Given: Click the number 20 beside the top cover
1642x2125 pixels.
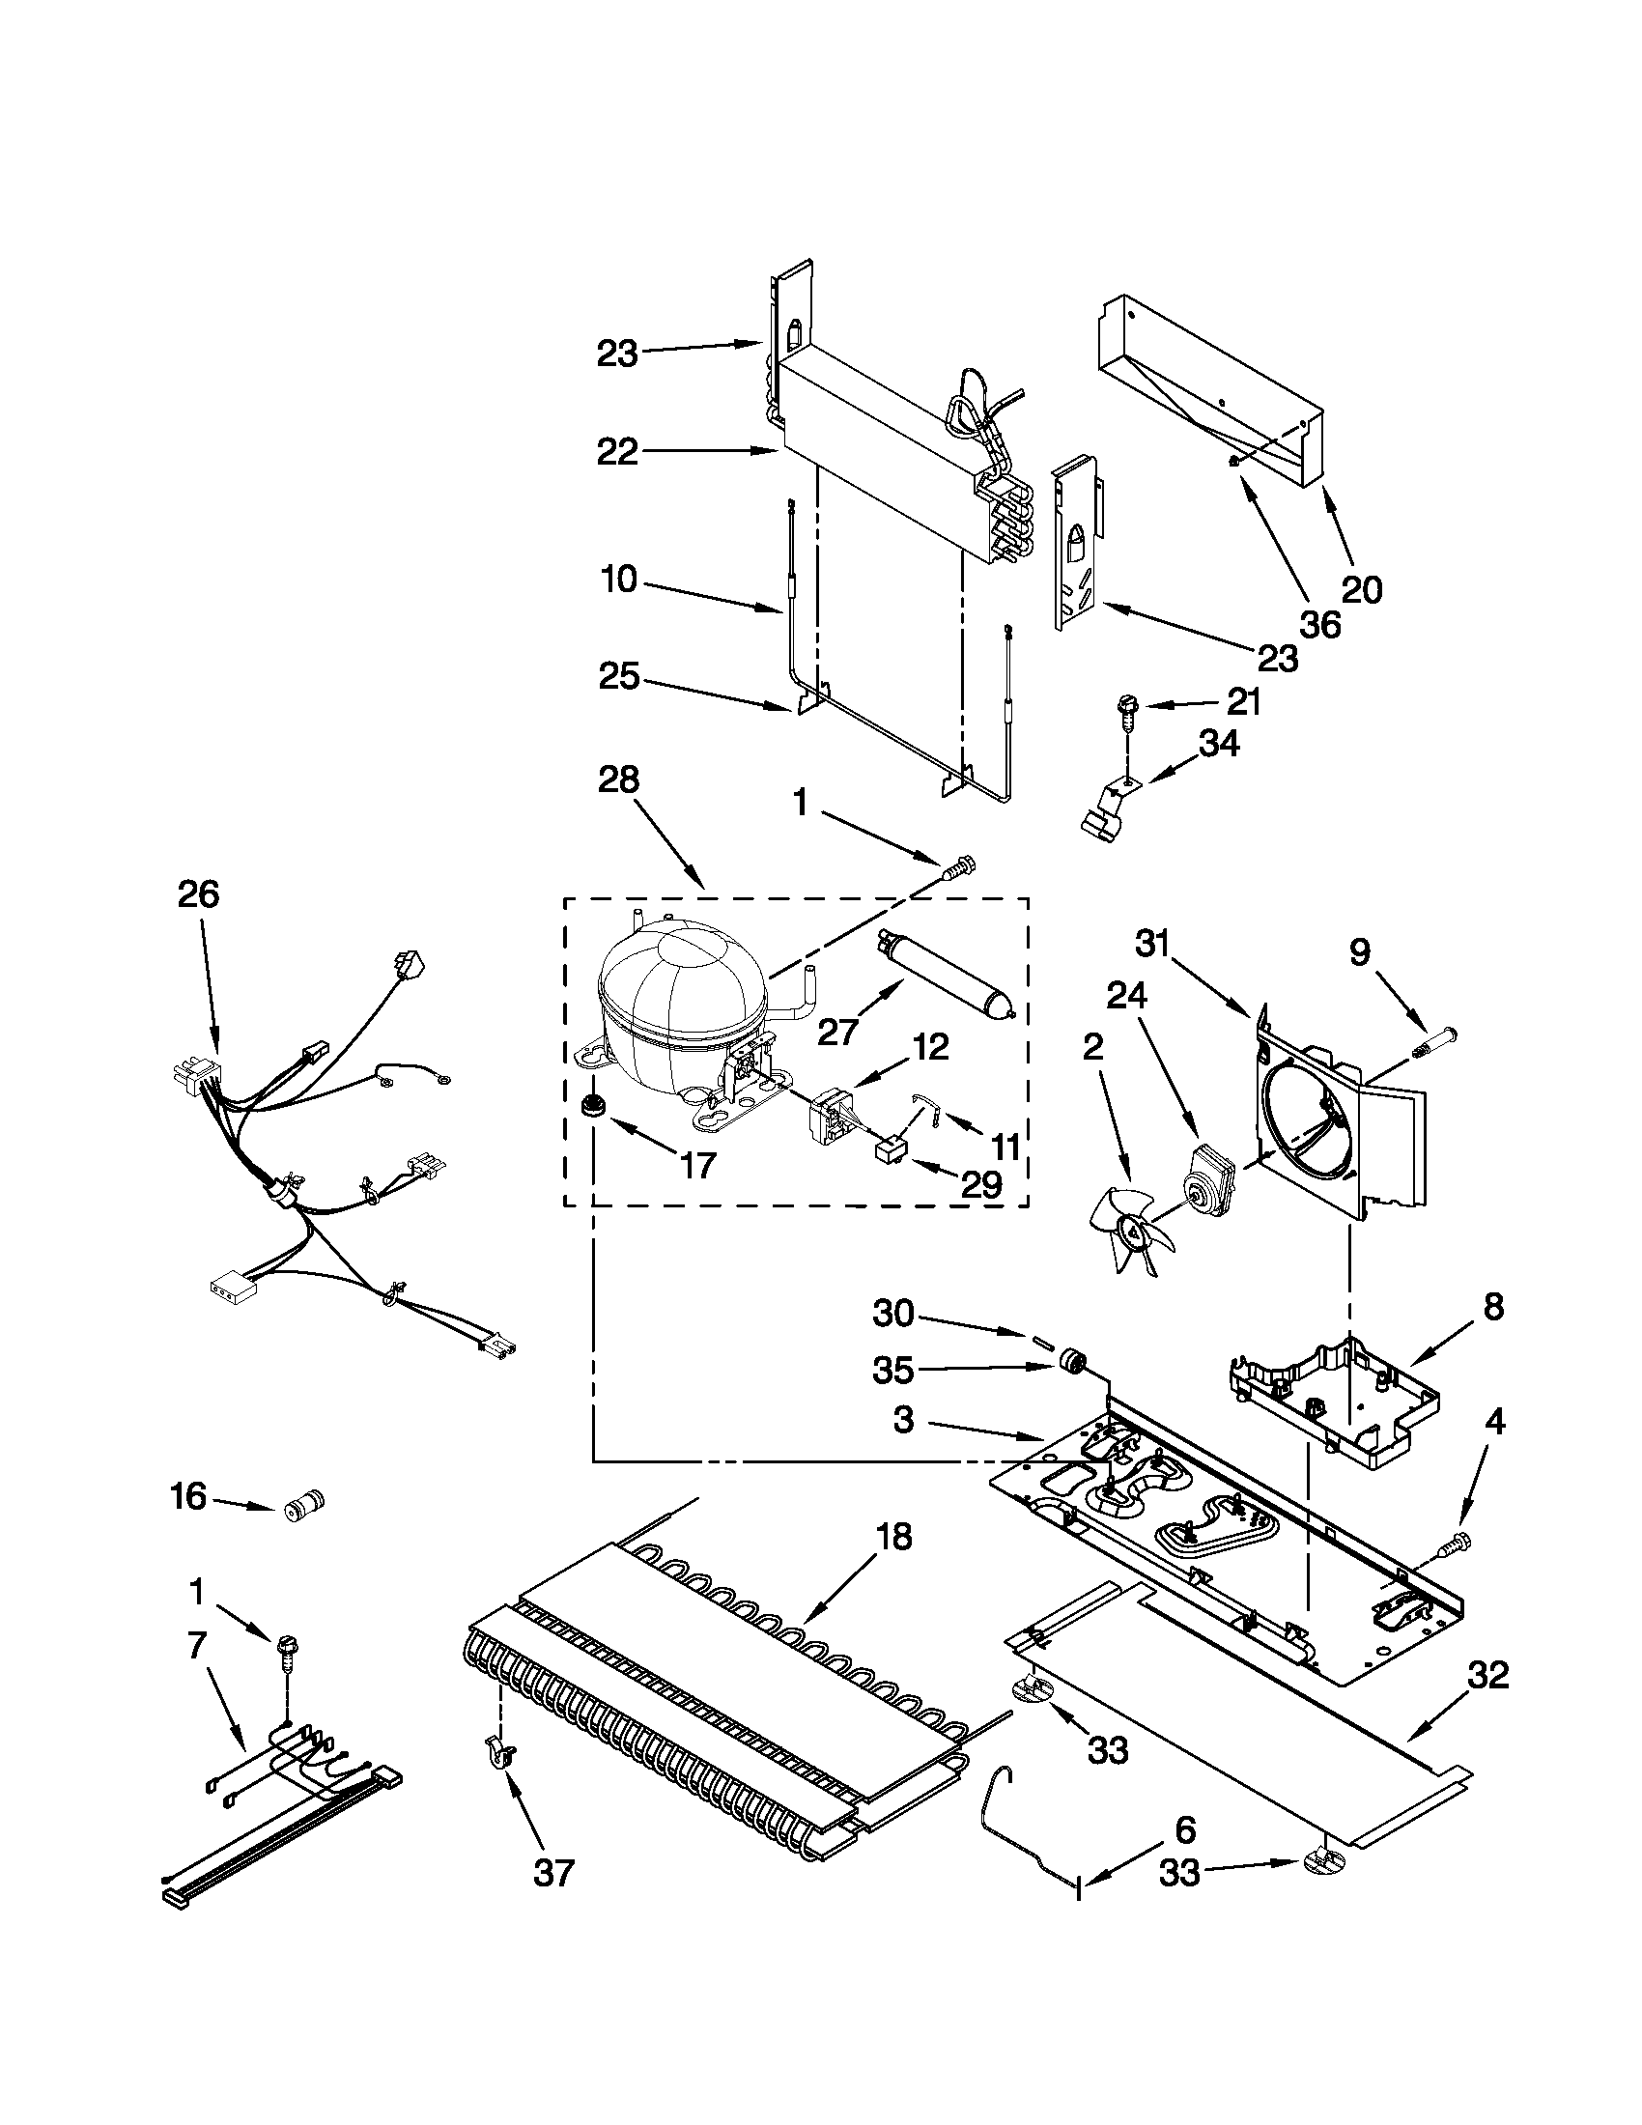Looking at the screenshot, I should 1361,588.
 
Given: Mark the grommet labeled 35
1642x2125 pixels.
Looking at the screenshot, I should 1074,1358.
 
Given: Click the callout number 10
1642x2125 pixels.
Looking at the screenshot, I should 620,580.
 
